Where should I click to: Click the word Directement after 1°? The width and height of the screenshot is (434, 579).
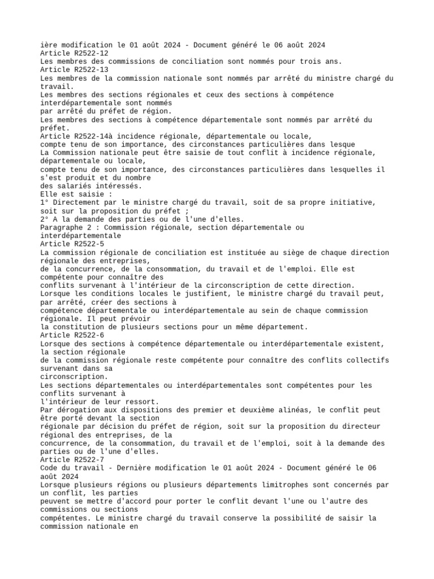pos(77,202)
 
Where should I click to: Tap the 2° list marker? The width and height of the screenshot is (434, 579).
pos(45,219)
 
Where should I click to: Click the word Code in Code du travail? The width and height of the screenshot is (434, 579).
pos(50,468)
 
